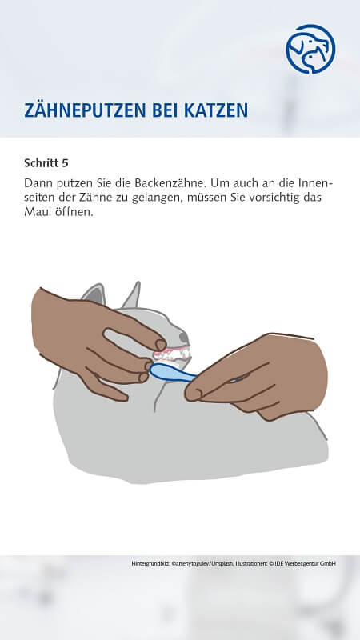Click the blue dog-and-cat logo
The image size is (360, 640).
click(x=310, y=49)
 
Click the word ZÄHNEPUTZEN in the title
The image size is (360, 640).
click(x=83, y=110)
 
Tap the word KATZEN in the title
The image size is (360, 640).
click(x=212, y=110)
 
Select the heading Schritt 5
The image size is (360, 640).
click(x=46, y=163)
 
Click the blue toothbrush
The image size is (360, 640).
click(x=172, y=372)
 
